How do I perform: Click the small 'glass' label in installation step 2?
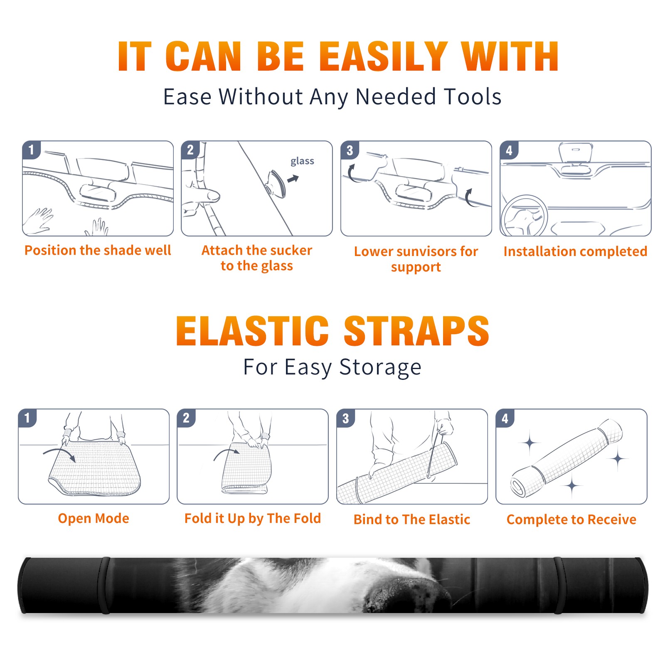coord(302,161)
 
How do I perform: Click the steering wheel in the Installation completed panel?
coord(525,216)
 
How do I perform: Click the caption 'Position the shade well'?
coord(98,250)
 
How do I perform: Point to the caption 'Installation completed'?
coord(575,251)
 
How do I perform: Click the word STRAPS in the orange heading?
coord(416,331)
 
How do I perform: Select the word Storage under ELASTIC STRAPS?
coord(380,367)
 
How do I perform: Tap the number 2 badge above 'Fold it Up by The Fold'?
coord(186,418)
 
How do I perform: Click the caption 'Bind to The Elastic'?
coord(411,520)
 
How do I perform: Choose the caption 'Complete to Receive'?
coord(571,520)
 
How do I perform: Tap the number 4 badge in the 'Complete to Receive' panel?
coord(505,418)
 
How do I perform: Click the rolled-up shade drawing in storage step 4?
coord(566,458)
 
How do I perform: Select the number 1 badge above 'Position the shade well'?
coord(31,150)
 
